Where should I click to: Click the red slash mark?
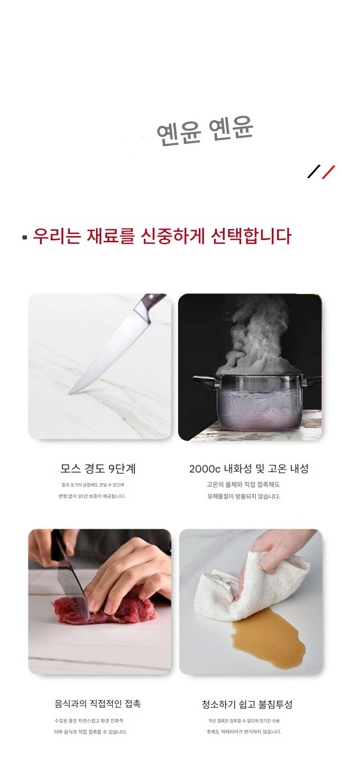[x=328, y=172]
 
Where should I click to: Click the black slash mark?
[x=314, y=171]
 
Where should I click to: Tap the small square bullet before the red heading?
[x=24, y=237]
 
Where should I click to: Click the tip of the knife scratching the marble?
[x=70, y=392]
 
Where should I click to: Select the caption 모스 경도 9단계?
[x=98, y=469]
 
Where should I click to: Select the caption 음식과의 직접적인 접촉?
[x=98, y=704]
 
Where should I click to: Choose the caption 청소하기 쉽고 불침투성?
[x=247, y=704]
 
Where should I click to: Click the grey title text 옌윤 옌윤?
[x=205, y=130]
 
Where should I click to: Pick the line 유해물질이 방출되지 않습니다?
[x=244, y=497]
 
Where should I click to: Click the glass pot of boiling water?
[x=258, y=402]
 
